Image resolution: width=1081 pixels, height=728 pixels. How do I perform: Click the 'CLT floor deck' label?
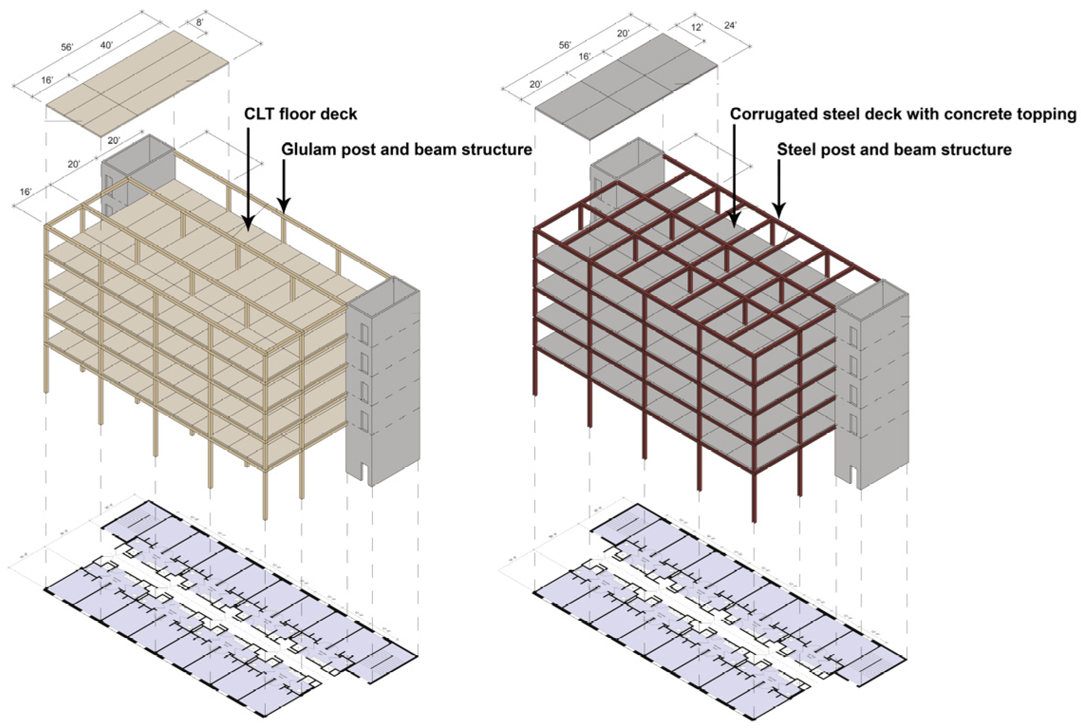[300, 114]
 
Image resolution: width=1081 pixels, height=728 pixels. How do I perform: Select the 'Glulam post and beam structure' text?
[406, 149]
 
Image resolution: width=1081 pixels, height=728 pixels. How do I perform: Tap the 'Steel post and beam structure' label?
[894, 150]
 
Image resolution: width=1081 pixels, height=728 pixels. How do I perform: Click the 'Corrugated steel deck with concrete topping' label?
[903, 114]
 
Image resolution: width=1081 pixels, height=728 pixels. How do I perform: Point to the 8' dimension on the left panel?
[200, 22]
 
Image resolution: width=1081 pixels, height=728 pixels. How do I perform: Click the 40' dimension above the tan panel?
[106, 45]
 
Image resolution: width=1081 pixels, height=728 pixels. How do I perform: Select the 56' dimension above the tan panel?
[67, 47]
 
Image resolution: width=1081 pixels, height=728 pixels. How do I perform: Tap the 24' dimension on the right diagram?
[730, 25]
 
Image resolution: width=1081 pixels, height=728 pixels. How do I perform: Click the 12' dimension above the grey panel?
[696, 27]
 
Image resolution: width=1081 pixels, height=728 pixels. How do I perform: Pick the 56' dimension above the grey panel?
[565, 45]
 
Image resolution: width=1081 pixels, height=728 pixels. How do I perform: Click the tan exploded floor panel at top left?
[138, 85]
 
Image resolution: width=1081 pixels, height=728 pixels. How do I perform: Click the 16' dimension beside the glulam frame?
[25, 192]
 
